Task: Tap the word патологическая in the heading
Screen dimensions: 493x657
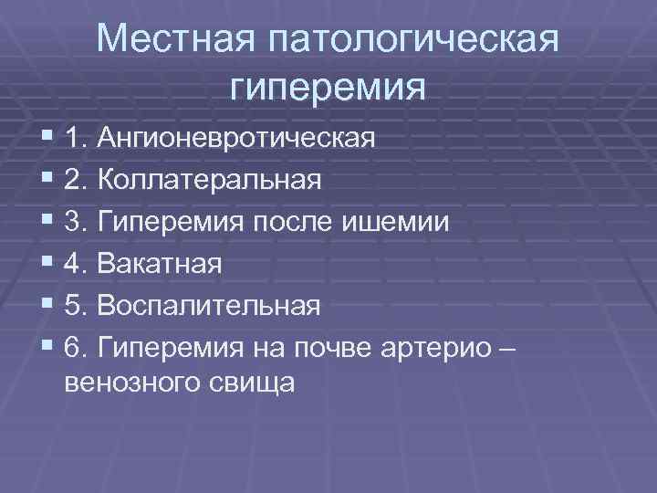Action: coord(412,41)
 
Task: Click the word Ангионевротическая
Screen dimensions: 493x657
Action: coord(237,139)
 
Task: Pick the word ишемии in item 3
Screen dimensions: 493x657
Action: coord(411,222)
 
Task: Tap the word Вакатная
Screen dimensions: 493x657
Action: coord(160,264)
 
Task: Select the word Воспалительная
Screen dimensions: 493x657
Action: coord(209,306)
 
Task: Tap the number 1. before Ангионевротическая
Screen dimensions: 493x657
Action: coord(77,139)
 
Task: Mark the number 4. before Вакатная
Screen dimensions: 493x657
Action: coord(77,264)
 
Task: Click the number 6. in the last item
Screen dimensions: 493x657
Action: coord(77,348)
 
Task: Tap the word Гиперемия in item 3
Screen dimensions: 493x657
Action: coord(163,222)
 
